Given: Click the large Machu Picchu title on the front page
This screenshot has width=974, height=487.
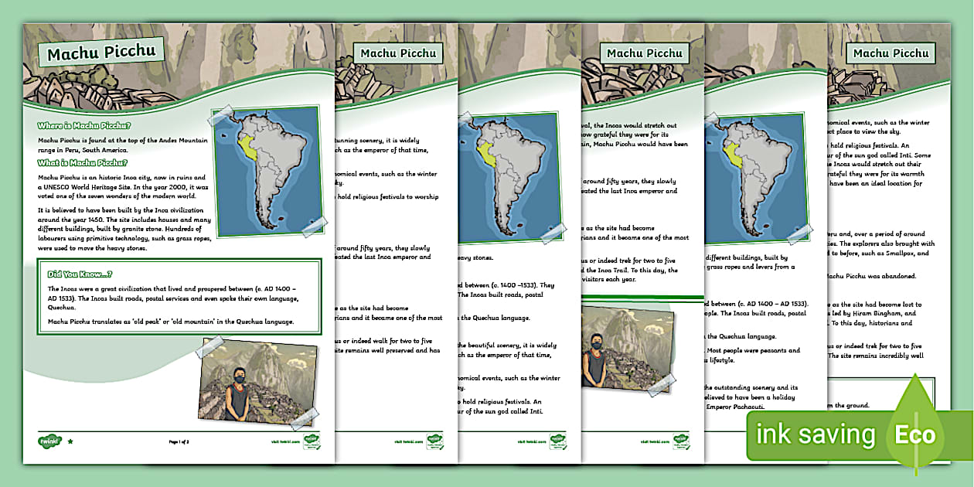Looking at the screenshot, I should [101, 53].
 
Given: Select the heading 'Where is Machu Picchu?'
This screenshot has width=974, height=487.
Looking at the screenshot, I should [84, 125].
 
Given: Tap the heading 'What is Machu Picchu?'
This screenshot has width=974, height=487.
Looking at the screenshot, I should [82, 162].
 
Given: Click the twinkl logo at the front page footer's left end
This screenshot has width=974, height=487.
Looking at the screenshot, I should [48, 441].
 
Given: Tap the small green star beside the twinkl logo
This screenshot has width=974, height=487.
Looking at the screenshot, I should [70, 441].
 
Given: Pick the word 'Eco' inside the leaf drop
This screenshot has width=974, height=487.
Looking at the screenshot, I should [915, 435].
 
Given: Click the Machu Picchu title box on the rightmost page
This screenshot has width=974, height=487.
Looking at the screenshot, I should [891, 53].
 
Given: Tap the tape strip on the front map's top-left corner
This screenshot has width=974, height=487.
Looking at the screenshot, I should [222, 117].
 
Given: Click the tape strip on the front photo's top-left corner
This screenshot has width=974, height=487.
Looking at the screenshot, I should [209, 347].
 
